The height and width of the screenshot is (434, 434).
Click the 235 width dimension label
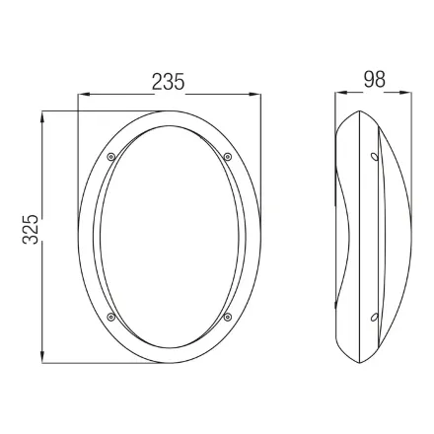[x=168, y=82]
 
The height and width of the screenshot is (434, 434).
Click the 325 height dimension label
[x=31, y=229]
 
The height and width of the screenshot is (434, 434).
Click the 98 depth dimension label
[x=374, y=80]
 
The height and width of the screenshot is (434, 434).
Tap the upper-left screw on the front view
[x=111, y=157]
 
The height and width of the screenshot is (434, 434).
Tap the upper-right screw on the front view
[x=227, y=157]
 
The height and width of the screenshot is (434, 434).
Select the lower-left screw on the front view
[x=111, y=317]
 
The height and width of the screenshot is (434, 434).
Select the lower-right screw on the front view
[x=227, y=317]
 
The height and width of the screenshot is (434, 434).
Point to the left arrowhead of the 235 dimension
[x=84, y=95]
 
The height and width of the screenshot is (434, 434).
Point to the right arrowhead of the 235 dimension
[x=254, y=95]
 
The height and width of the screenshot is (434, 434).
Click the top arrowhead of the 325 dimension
[x=42, y=117]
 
